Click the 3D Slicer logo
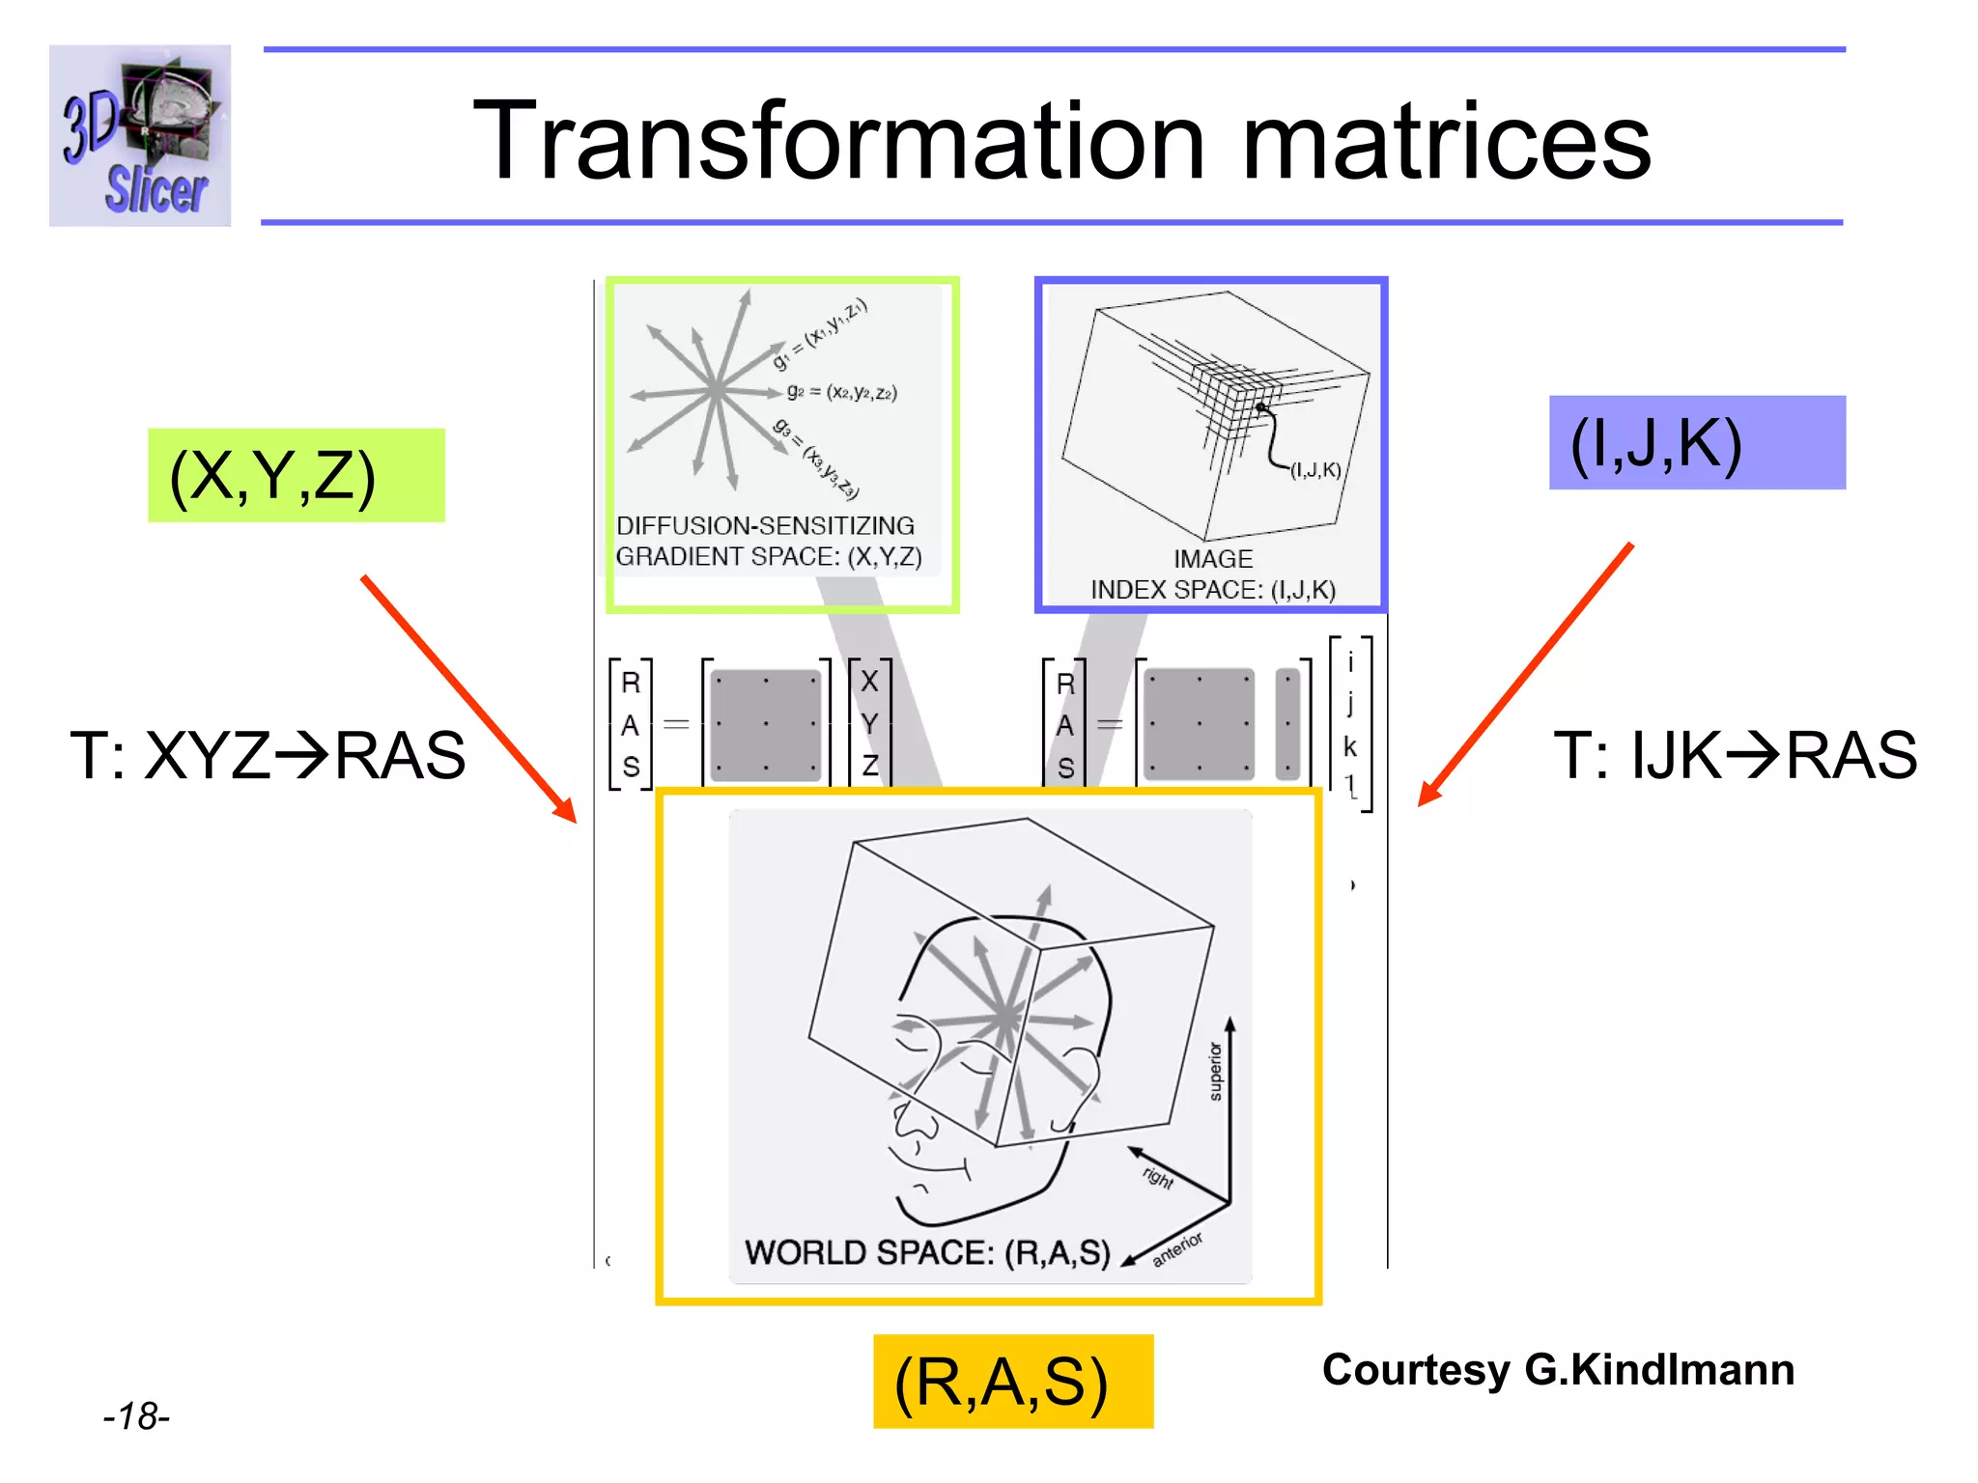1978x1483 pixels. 140,135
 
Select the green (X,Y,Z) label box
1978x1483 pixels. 296,475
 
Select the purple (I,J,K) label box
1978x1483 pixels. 1696,443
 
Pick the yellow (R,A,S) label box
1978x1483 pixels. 1012,1381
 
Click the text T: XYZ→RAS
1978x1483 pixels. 268,755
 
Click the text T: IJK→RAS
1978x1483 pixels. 1735,755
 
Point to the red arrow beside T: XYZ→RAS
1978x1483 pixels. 468,699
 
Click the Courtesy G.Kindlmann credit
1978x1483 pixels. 1557,1370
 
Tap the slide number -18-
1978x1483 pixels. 136,1416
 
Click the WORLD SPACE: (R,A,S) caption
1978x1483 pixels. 926,1252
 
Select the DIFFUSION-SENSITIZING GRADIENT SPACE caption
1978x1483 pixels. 768,541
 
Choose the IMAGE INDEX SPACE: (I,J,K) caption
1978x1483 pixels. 1213,574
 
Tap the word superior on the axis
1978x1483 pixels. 1215,1071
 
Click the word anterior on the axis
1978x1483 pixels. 1177,1248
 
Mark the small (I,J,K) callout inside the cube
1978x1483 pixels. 1315,470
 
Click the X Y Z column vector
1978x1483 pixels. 869,723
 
